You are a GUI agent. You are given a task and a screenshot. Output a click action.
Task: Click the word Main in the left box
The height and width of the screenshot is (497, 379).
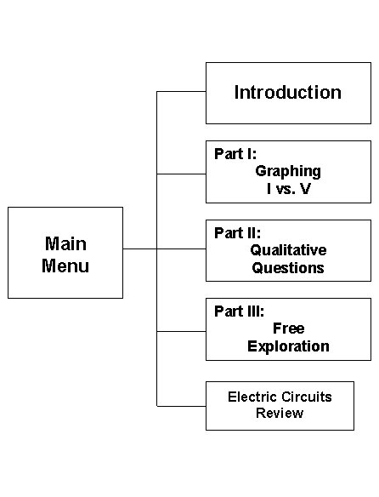(66, 243)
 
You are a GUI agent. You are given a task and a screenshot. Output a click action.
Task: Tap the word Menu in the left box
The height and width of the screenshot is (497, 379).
(65, 266)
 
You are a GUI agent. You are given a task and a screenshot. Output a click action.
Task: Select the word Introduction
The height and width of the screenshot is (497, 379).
(288, 93)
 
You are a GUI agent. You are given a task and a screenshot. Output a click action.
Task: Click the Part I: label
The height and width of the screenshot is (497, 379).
(235, 154)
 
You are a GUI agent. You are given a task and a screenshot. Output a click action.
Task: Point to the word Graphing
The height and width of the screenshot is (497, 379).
(288, 172)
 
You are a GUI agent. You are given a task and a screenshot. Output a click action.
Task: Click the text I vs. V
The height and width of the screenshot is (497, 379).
(289, 189)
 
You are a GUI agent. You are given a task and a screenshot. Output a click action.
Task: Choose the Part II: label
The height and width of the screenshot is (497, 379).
(237, 233)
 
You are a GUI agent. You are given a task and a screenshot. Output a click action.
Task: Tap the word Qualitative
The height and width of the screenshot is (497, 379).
(288, 250)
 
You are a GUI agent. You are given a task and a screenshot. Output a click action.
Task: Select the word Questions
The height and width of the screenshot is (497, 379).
(288, 268)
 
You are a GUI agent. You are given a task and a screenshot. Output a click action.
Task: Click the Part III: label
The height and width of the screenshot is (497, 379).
(239, 311)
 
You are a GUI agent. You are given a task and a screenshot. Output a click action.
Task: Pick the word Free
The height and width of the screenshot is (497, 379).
(289, 328)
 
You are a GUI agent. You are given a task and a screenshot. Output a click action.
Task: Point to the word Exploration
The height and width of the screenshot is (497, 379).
(288, 346)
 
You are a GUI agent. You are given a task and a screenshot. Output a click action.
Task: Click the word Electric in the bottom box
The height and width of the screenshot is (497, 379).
(252, 397)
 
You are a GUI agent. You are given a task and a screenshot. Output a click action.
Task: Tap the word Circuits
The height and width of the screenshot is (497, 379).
(307, 397)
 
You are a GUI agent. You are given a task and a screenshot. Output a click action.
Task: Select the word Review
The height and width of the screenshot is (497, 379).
(280, 413)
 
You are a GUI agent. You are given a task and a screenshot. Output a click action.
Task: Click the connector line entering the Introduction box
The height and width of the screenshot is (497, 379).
(181, 92)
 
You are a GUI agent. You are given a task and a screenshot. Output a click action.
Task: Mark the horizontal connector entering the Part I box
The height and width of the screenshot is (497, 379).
(181, 174)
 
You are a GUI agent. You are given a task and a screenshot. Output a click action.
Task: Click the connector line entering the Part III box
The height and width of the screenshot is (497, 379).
(181, 331)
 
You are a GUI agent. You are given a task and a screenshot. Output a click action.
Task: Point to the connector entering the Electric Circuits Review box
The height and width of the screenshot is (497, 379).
(181, 406)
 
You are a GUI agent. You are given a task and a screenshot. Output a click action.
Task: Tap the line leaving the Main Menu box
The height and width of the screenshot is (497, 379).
(139, 248)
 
